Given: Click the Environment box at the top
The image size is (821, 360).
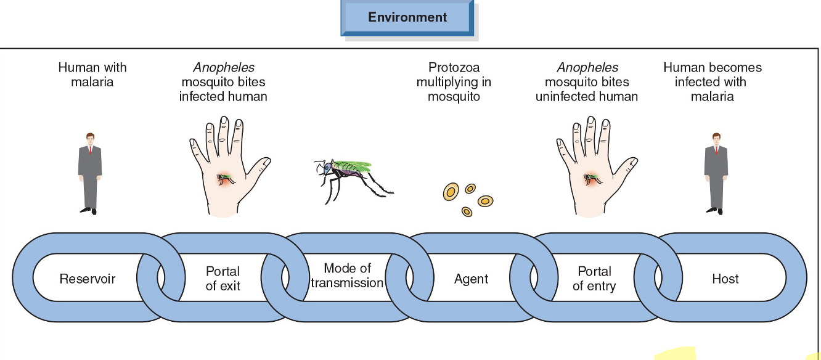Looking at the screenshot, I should pyautogui.click(x=407, y=17).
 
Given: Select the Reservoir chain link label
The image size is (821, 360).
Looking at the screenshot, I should pyautogui.click(x=87, y=279).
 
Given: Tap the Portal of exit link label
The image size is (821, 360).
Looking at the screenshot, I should pyautogui.click(x=223, y=279).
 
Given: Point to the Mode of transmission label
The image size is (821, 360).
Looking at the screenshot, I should pyautogui.click(x=347, y=276).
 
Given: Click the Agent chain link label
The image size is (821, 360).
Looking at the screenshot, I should pyautogui.click(x=471, y=279).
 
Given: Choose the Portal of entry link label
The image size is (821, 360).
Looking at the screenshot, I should pyautogui.click(x=594, y=279).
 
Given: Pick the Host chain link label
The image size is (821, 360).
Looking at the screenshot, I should pyautogui.click(x=725, y=279).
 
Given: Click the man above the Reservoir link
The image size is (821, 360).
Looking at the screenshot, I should pyautogui.click(x=90, y=173).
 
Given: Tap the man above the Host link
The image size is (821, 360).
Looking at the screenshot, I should pyautogui.click(x=716, y=173).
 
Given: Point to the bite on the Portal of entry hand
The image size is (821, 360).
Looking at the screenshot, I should pyautogui.click(x=592, y=178).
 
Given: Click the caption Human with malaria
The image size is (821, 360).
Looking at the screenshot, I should pyautogui.click(x=92, y=75).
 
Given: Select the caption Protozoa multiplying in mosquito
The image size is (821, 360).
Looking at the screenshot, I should pyautogui.click(x=454, y=82).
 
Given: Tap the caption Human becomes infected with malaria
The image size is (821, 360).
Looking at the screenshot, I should pyautogui.click(x=712, y=82).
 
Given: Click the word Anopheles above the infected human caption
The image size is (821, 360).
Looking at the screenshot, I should pyautogui.click(x=224, y=68).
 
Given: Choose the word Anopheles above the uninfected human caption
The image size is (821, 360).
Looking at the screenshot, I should pyautogui.click(x=587, y=68).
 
